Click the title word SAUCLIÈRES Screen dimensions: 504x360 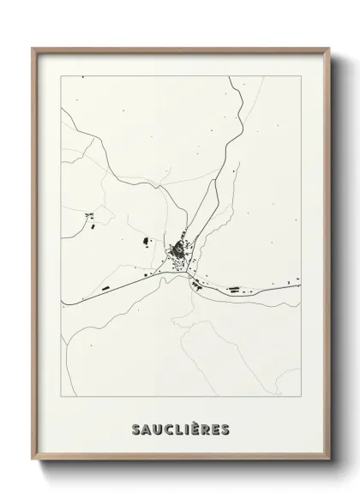(181, 426)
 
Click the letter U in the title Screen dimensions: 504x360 (155, 426)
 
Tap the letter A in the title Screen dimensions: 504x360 (144, 426)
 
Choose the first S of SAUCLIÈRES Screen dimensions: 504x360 (134, 426)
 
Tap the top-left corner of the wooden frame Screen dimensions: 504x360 (33, 49)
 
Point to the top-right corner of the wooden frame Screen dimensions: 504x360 (328, 49)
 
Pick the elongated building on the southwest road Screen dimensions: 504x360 (105, 290)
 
